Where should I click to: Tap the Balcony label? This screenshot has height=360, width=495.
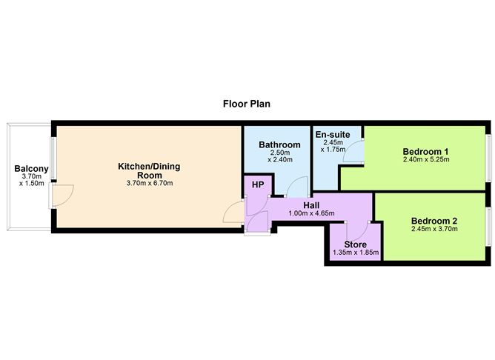31,170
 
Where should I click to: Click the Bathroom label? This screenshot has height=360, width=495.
279,145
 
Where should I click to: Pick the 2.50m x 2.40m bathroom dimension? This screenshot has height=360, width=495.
279,156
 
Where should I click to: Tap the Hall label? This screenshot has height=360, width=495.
311,204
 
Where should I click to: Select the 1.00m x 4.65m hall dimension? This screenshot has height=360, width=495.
311,213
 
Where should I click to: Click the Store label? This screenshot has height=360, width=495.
356,244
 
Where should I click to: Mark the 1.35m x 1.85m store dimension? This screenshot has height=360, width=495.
356,253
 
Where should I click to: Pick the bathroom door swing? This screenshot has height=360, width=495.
292,189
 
